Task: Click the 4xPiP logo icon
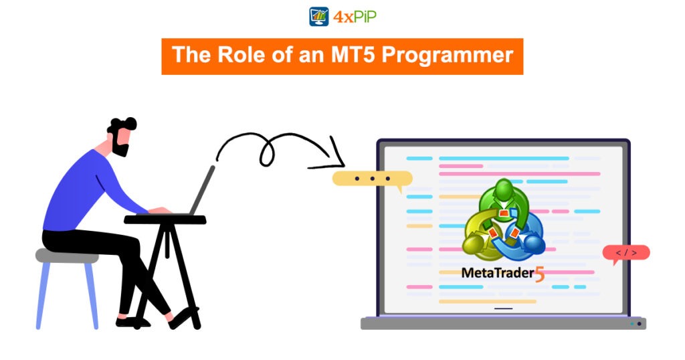pyautogui.click(x=318, y=16)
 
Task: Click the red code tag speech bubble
pyautogui.click(x=625, y=253)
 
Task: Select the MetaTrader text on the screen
pyautogui.click(x=496, y=273)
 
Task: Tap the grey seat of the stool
pyautogui.click(x=66, y=255)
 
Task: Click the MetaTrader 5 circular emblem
pyautogui.click(x=502, y=222)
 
